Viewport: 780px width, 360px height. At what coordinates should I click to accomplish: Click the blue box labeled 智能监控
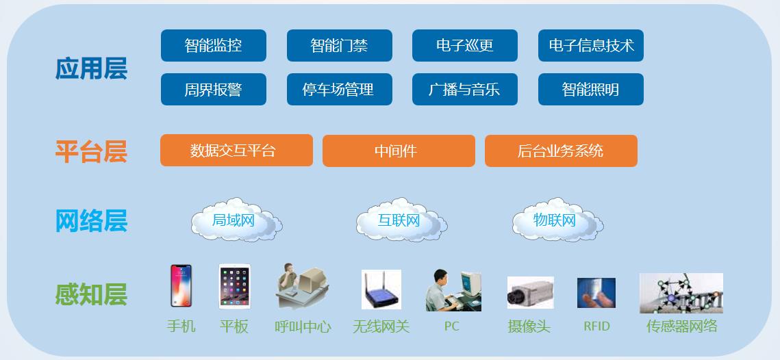click(214, 46)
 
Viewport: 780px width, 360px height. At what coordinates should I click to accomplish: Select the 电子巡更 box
click(464, 46)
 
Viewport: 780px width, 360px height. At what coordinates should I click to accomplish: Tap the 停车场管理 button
click(339, 90)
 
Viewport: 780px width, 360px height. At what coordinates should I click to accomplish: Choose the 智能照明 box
click(590, 90)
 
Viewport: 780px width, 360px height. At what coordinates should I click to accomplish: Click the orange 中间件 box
click(399, 151)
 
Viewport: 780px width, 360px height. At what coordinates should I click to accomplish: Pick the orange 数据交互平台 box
click(236, 150)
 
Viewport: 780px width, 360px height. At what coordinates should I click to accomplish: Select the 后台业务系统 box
click(561, 151)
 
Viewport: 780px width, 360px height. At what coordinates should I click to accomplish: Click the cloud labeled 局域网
click(236, 220)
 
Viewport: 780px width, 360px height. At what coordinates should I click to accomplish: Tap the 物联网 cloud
click(557, 220)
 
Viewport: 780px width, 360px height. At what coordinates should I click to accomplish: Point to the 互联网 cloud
click(401, 220)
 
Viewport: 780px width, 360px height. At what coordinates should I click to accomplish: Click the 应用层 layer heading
click(91, 68)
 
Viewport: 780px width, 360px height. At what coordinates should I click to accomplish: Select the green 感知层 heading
click(91, 294)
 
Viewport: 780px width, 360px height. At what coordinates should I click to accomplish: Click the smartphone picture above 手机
click(181, 286)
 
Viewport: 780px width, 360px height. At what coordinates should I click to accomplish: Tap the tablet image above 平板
click(235, 286)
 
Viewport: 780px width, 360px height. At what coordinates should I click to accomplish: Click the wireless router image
click(381, 290)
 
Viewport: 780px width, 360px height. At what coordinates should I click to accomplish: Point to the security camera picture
click(530, 292)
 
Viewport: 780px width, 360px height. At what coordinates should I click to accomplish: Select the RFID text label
click(596, 326)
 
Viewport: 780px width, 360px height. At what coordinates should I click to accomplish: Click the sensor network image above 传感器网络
click(681, 293)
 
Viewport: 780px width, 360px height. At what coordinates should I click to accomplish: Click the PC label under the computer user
click(452, 326)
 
